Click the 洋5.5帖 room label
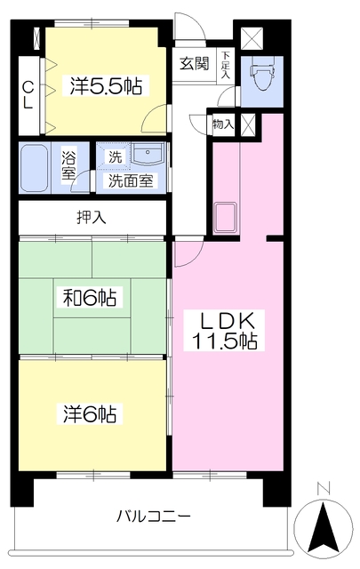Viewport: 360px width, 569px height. coord(106,86)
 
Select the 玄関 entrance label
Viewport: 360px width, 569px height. coord(195,64)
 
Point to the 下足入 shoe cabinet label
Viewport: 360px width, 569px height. coord(226,65)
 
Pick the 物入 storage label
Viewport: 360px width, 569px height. coord(222,124)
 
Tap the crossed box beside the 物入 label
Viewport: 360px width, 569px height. coord(247,124)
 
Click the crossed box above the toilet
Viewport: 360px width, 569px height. coord(253,39)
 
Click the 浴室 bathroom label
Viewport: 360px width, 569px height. coord(69,165)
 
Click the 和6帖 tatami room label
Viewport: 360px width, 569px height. coord(92,296)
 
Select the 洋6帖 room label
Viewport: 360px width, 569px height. coord(92,413)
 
